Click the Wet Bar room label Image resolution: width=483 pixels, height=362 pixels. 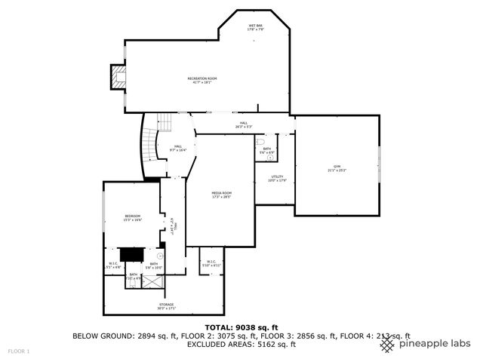click(x=255, y=27)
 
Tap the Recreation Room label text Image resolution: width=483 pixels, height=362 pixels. click(x=202, y=80)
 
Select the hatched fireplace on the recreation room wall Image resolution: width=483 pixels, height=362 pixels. click(x=118, y=77)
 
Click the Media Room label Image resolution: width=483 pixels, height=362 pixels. click(x=221, y=195)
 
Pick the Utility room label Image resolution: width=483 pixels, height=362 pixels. click(x=278, y=178)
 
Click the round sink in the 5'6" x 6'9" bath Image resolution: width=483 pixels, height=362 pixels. click(x=269, y=158)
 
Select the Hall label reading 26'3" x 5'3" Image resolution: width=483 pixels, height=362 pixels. click(x=244, y=124)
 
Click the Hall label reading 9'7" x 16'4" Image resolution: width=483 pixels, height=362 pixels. click(x=178, y=148)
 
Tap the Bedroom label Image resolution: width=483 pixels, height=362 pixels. click(x=133, y=218)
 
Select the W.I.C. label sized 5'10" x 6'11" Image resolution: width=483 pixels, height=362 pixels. click(x=211, y=264)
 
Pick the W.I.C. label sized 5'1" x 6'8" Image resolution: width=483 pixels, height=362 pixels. click(x=113, y=265)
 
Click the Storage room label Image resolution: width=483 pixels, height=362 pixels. click(x=165, y=306)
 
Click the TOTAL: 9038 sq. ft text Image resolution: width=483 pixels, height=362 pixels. click(x=241, y=327)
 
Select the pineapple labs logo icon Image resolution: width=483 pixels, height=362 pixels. click(x=386, y=344)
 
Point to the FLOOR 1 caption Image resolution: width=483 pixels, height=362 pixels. click(x=19, y=351)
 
